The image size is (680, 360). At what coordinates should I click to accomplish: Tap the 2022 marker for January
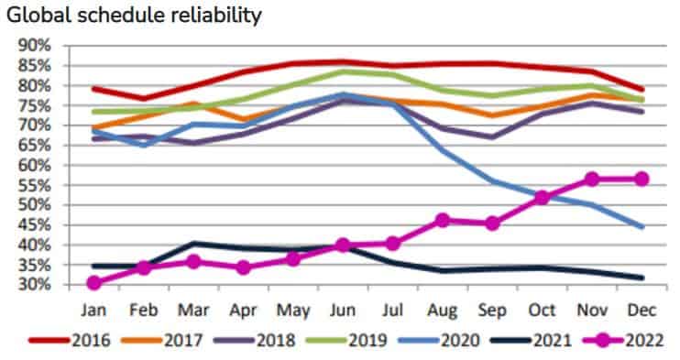(94, 283)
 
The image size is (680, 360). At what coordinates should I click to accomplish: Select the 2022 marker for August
(443, 221)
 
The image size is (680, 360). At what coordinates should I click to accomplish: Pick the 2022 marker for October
(543, 198)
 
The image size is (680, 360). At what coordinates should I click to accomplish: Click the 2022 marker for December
(642, 179)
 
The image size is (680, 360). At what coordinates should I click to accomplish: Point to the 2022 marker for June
(343, 245)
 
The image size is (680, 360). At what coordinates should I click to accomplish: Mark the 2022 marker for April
(243, 267)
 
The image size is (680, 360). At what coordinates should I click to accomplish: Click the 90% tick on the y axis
(35, 46)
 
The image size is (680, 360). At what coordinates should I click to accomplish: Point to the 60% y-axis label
(35, 165)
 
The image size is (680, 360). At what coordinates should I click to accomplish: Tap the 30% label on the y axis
(35, 285)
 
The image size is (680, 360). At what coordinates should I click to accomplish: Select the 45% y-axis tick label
(35, 225)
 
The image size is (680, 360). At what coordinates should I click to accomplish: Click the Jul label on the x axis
(393, 311)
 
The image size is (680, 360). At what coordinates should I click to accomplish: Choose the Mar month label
(193, 311)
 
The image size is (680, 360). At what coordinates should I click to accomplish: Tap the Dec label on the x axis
(642, 311)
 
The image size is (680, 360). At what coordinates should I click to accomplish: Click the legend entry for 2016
(70, 341)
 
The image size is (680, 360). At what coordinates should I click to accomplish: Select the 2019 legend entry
(346, 341)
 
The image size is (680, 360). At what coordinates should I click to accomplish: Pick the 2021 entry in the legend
(532, 341)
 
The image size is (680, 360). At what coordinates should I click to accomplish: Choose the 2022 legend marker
(602, 341)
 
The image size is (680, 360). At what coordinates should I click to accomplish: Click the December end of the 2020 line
(642, 226)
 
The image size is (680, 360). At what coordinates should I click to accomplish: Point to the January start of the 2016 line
(94, 89)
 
